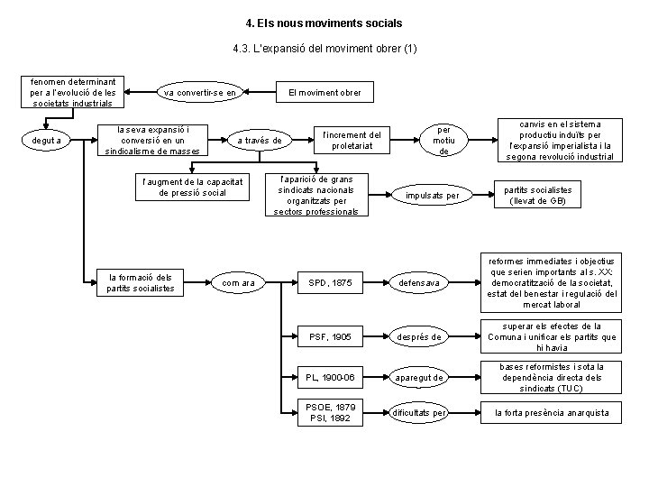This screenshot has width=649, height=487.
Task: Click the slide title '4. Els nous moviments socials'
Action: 324,21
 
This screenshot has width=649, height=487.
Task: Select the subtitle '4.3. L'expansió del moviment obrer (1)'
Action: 324,48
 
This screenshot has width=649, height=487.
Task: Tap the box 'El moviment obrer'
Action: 324,91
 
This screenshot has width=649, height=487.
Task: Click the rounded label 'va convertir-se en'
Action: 200,91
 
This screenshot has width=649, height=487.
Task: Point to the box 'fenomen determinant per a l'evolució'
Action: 74,91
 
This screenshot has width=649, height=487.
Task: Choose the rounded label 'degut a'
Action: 45,140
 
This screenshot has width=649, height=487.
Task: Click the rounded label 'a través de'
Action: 259,140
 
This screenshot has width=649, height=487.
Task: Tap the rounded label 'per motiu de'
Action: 443,140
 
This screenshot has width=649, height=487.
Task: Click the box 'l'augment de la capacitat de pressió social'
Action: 191,187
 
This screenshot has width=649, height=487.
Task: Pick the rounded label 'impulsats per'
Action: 433,195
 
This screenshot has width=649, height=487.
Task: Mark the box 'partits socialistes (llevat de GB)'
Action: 538,195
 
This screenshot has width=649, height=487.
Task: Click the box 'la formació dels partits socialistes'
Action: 140,282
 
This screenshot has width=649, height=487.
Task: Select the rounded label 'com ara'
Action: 239,283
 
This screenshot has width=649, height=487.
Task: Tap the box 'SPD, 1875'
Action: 331,283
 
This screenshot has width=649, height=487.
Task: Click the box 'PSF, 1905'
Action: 331,337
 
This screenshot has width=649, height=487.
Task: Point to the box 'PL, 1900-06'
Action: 331,376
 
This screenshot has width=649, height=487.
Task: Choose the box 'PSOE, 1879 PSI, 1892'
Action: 331,413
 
